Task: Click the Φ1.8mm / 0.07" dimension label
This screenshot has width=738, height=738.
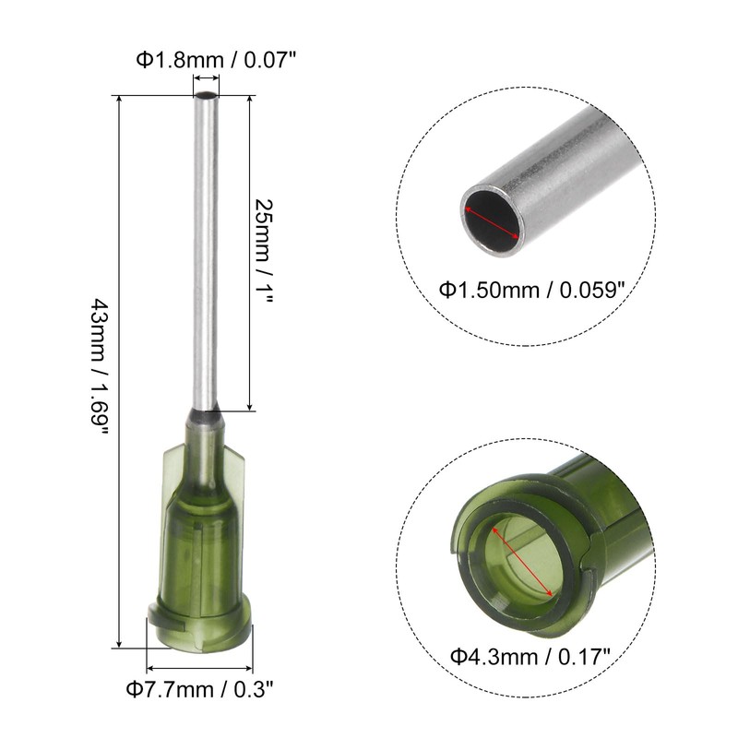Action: coord(217,60)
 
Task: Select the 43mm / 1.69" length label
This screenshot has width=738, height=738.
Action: coord(100,366)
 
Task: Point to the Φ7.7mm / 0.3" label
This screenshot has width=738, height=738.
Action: coord(199,689)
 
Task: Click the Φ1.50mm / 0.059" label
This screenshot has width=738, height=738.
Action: coord(532,290)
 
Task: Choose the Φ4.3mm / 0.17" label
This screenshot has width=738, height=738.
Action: coord(530,656)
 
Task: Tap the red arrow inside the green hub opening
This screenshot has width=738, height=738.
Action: coord(522,562)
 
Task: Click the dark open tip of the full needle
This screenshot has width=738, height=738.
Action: coord(206,95)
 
